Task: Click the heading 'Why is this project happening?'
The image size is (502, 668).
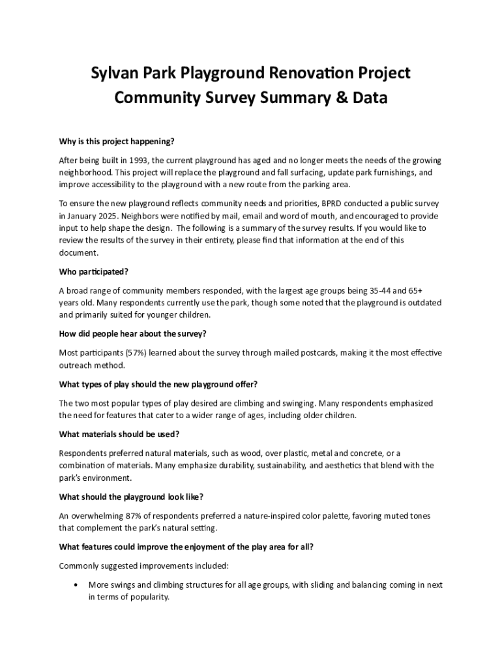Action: [117, 141]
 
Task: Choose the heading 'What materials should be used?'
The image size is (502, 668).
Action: [119, 434]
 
